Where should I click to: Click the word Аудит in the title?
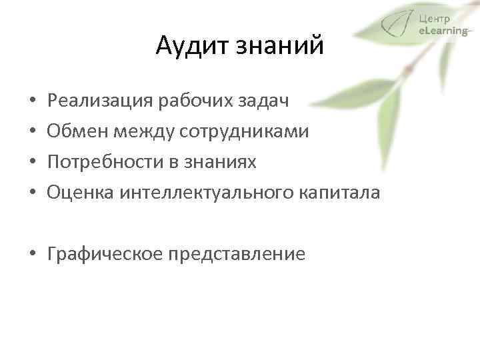click(x=188, y=46)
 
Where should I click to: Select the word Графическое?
click(x=106, y=254)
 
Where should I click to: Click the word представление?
click(x=238, y=254)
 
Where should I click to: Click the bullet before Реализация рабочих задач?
click(x=33, y=102)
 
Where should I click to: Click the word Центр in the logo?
click(x=435, y=18)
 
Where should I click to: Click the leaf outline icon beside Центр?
click(x=397, y=25)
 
